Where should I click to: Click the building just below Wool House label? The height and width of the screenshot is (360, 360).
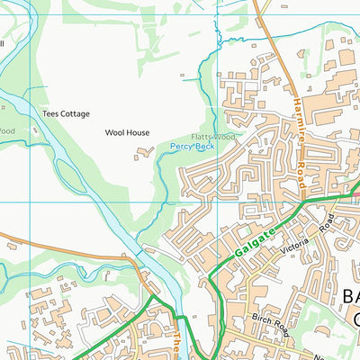point(143,156)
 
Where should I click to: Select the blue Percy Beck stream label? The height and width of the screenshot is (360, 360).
point(193,145)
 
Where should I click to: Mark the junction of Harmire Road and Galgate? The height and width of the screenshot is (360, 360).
point(310,204)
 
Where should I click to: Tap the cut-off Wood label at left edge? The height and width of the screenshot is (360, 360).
point(6,130)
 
